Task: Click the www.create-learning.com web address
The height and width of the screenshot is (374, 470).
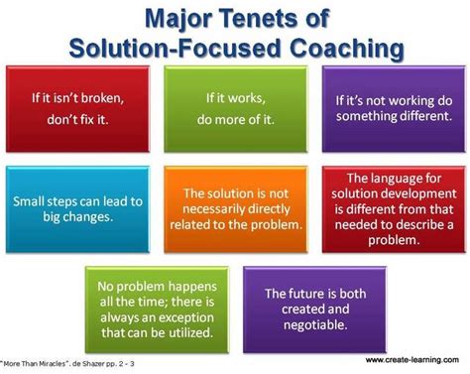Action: coord(415,360)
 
